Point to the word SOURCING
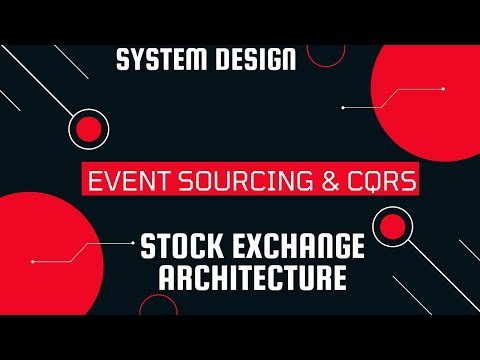click(x=225, y=182)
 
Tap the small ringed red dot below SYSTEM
click(x=89, y=128)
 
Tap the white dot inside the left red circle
click(x=33, y=262)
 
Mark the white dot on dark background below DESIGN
click(x=342, y=106)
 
